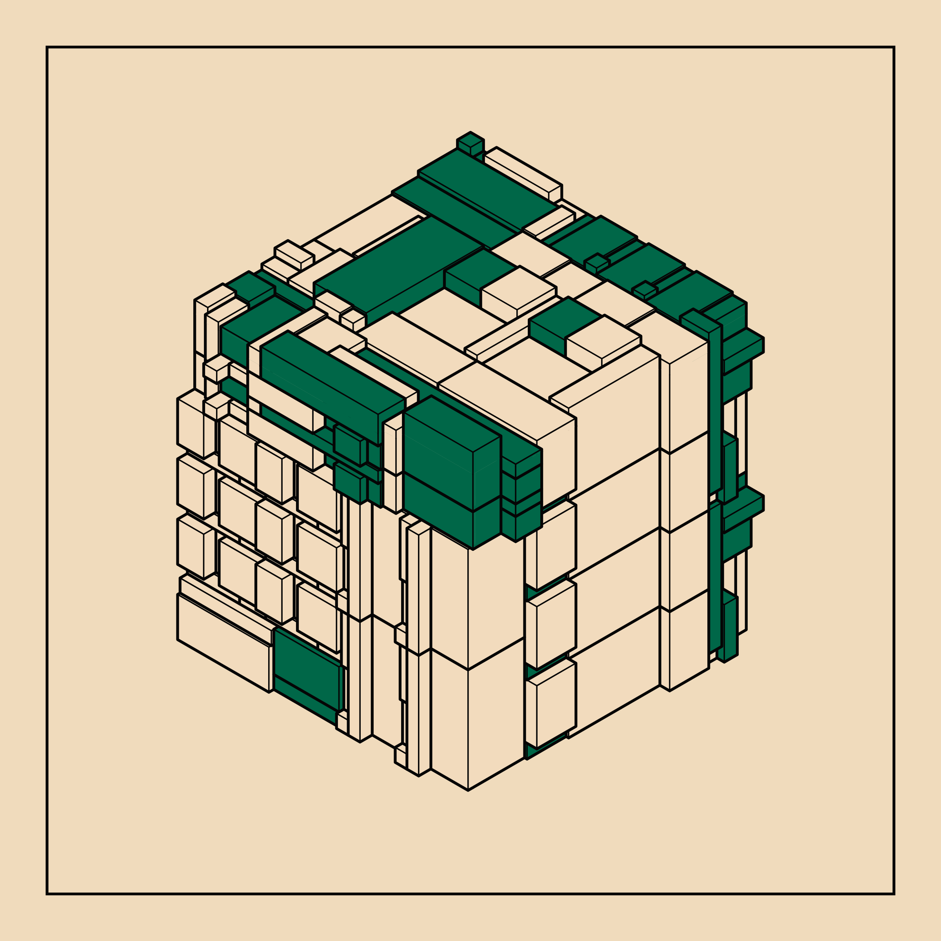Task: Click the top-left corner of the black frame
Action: (x=47, y=47)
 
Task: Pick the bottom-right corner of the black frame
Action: (x=894, y=894)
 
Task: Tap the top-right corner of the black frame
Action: (x=894, y=47)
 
